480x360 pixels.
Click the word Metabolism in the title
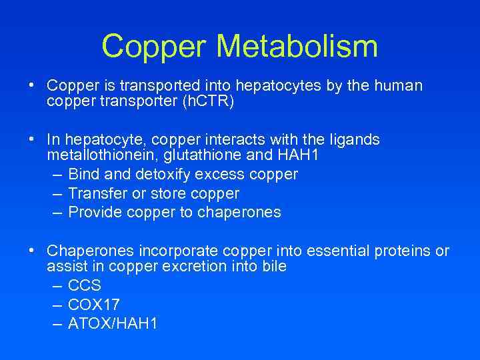tap(297, 47)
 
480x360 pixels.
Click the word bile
tap(275, 267)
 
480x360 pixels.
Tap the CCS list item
tap(85, 286)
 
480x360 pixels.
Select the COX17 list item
tap(94, 305)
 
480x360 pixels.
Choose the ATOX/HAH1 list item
tap(113, 325)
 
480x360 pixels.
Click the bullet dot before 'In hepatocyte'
tap(31, 139)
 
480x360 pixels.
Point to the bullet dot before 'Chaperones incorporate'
tap(31, 251)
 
